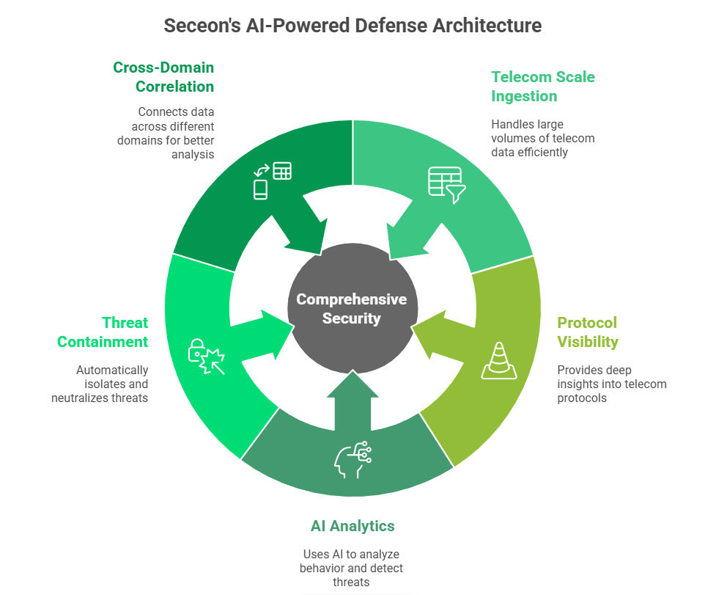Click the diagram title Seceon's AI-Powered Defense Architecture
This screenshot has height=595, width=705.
(x=352, y=26)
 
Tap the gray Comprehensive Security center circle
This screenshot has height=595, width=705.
(x=352, y=309)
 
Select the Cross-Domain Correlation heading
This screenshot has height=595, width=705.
(x=163, y=77)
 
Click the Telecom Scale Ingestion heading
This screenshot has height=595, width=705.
(x=543, y=87)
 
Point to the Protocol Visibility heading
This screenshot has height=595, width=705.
(x=588, y=332)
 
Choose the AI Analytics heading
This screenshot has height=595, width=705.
(x=352, y=526)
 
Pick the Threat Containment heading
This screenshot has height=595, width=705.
(x=103, y=332)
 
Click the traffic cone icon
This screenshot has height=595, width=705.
(x=498, y=361)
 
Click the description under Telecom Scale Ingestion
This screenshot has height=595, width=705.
(x=543, y=138)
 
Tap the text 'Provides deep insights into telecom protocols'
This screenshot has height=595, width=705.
(x=611, y=384)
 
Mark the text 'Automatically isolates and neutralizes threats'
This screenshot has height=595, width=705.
(x=100, y=384)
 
